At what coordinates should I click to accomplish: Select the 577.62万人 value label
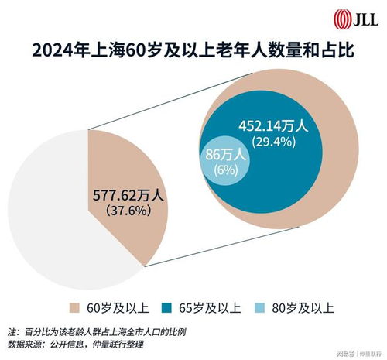point(130,195)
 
